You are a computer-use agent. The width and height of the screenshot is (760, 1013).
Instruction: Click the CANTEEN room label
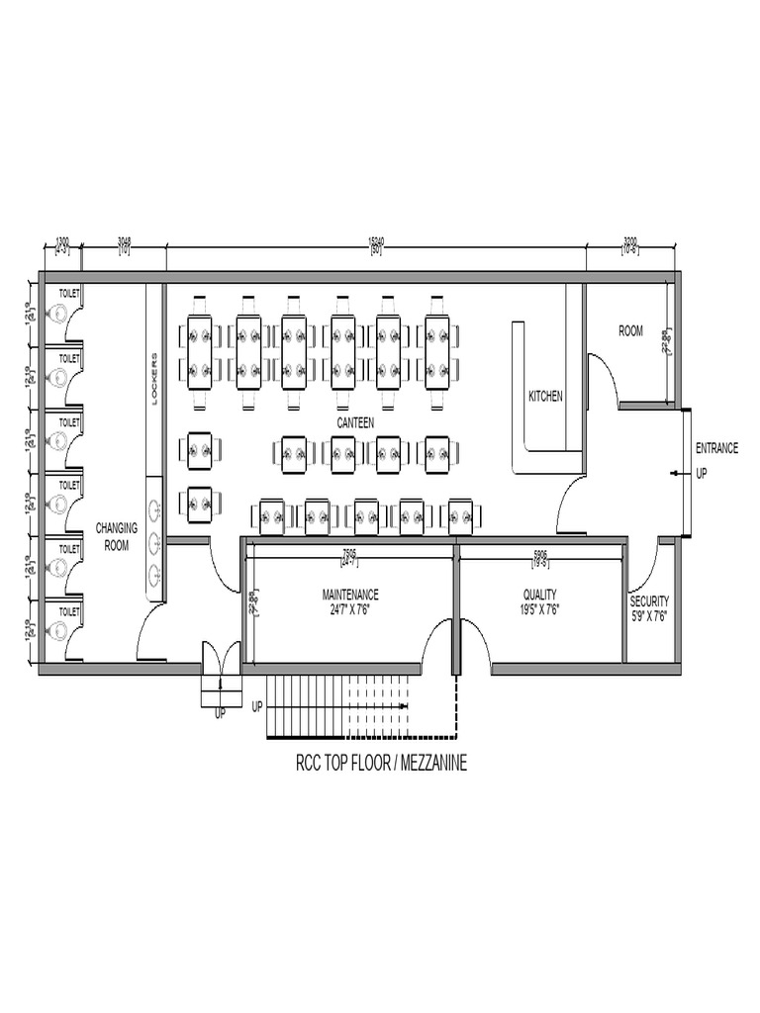coord(355,422)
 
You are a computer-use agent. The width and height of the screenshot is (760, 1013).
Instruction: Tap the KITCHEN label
coord(545,396)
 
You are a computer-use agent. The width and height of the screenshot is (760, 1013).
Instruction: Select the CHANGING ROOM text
coord(116,536)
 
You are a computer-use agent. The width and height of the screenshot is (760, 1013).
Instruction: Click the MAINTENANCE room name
coord(350,595)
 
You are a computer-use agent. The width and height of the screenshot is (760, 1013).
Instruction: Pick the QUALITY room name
coord(540,595)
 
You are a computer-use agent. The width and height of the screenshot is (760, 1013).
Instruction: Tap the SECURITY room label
coord(649,600)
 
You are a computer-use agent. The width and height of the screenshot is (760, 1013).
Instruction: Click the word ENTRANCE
coord(716,448)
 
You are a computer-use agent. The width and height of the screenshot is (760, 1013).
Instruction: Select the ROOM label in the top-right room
coord(630,331)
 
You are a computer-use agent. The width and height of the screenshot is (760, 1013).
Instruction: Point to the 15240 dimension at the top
coord(376,240)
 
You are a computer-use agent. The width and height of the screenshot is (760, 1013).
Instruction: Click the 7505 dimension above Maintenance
coord(349,553)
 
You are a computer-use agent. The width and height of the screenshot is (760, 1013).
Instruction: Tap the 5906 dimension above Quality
coord(540,553)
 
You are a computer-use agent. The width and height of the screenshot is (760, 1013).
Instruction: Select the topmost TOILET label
coord(69,294)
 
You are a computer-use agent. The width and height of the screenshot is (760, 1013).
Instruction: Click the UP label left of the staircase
coord(257,707)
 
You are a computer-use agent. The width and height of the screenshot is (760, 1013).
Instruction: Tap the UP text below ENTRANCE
coord(702,474)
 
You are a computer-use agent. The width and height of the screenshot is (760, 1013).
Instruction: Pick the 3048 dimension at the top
coord(125,240)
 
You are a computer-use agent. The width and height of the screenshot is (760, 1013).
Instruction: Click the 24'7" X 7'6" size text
coord(350,609)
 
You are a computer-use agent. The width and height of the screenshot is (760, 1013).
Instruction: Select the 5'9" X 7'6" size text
coord(649,615)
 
